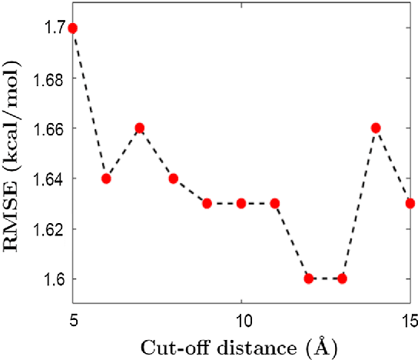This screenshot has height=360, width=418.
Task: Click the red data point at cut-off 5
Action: tap(73, 28)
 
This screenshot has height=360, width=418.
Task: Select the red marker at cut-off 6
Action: tap(107, 178)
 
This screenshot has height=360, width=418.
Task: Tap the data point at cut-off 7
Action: tap(140, 128)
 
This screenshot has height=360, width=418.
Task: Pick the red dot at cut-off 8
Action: tap(174, 178)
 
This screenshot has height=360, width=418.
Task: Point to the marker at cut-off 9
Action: tap(207, 203)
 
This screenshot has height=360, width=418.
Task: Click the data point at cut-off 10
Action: tap(241, 203)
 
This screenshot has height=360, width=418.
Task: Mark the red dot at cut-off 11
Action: tap(275, 203)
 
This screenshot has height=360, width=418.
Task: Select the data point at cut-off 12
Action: tap(309, 278)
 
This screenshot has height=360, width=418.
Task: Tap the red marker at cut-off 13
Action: tap(343, 278)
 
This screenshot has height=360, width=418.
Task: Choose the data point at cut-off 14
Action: tap(377, 128)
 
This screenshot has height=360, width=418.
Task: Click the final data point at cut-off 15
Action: tap(410, 203)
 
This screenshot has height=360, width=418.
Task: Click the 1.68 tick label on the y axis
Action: tap(48, 78)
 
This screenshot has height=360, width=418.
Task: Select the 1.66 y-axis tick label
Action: tap(48, 128)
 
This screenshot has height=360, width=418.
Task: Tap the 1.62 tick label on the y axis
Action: tap(48, 228)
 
